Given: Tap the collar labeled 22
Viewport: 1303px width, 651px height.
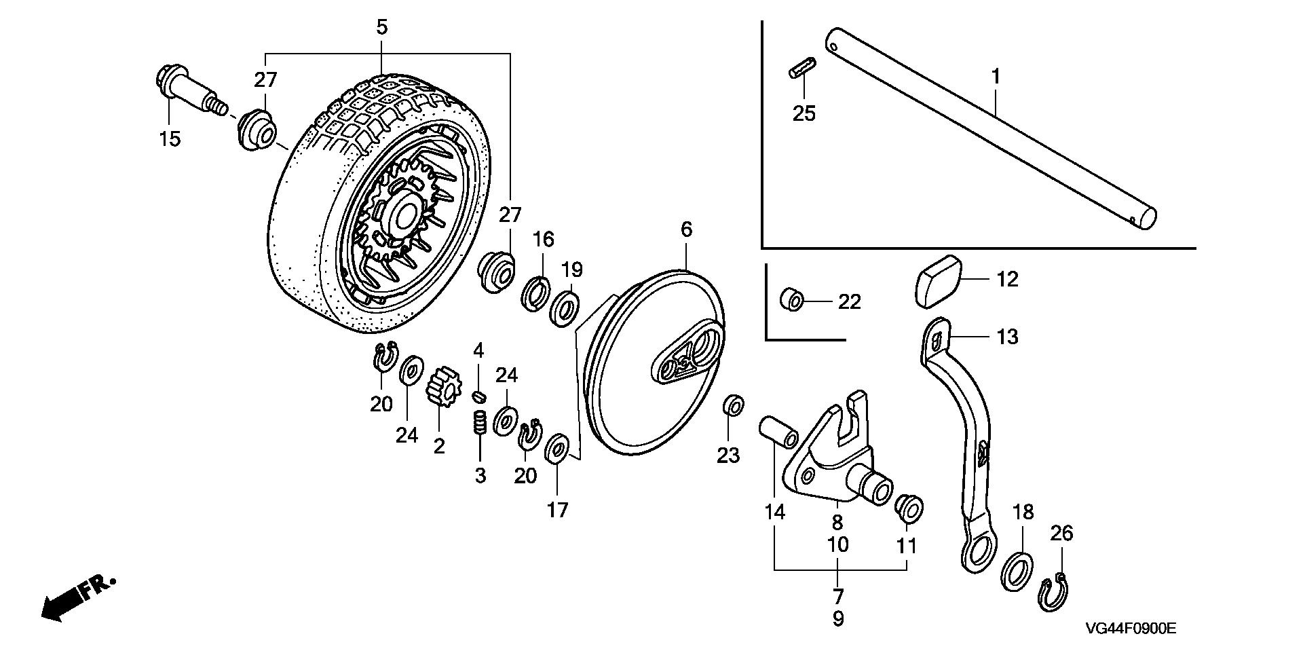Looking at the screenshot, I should tap(792, 299).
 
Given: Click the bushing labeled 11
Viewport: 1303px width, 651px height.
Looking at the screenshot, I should tap(909, 509).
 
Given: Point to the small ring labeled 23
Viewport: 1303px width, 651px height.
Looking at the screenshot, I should tap(733, 405).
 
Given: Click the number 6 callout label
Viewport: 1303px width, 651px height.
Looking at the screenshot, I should tap(686, 229).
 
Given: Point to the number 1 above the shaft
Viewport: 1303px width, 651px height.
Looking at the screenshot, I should tap(996, 77).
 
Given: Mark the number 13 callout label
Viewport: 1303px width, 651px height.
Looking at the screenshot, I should tap(1007, 336).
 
